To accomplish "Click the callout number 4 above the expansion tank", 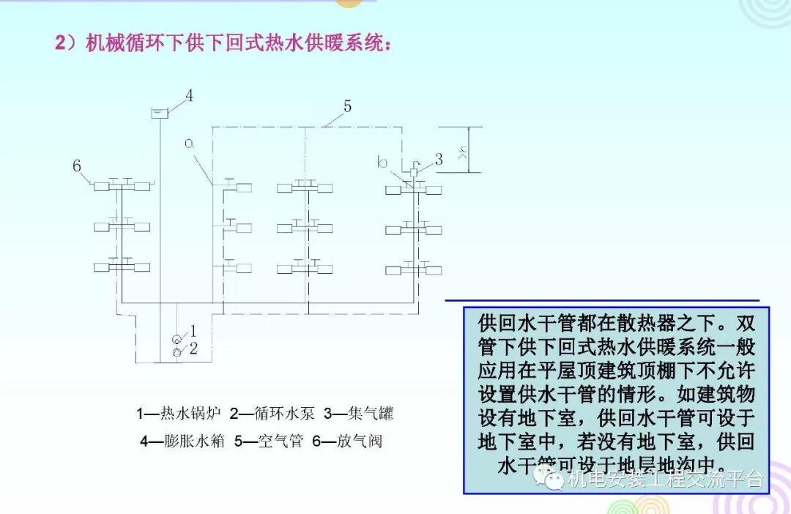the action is tap(188, 96).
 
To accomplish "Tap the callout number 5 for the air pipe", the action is tap(347, 106).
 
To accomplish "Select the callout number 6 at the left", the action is tap(76, 166).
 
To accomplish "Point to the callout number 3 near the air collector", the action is tap(439, 158).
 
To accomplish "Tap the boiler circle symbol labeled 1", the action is tap(177, 340).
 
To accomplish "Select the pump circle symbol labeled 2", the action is tap(177, 354).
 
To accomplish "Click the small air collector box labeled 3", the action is tap(414, 172).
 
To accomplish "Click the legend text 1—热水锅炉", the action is tap(179, 414).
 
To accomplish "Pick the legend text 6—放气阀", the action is tap(347, 442).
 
